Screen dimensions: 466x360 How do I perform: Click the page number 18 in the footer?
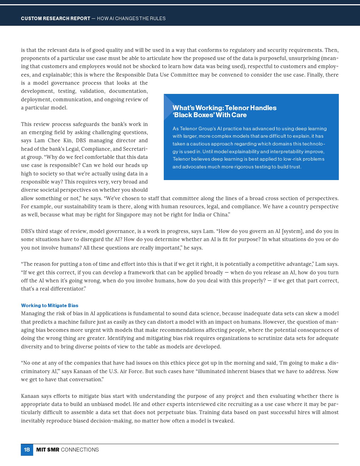point(27,450)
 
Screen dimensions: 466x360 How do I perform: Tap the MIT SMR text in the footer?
point(48,450)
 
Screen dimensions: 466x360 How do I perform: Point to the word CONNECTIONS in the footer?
point(80,450)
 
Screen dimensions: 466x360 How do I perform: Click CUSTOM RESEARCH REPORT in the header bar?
point(55,18)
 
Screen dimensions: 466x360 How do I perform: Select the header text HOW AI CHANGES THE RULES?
point(131,18)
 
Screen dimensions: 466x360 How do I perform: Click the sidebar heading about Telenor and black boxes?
point(224,111)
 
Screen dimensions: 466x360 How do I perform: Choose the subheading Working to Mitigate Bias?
point(49,305)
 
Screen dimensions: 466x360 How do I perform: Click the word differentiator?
point(67,289)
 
